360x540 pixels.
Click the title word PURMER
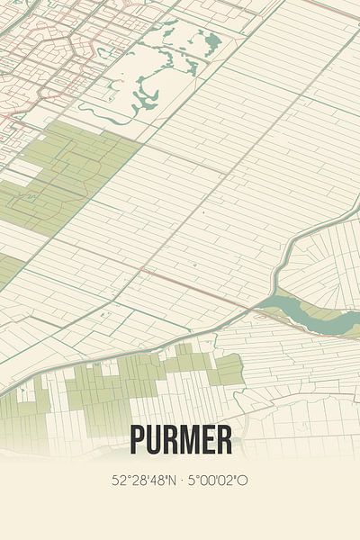180,439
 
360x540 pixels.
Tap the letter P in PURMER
138,439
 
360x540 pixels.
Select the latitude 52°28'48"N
144,481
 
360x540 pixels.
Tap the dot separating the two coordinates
182,481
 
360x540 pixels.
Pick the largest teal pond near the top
212,40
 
